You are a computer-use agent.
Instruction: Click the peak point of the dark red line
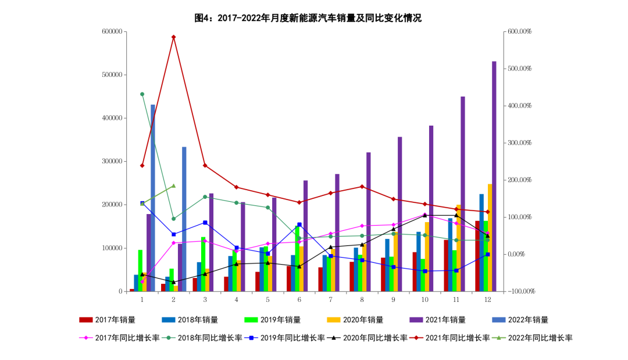click(x=173, y=37)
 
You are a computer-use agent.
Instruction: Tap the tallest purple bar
click(x=494, y=174)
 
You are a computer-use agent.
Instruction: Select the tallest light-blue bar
click(x=153, y=198)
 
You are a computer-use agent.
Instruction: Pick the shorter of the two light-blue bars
click(x=184, y=218)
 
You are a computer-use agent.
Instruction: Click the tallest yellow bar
click(x=490, y=237)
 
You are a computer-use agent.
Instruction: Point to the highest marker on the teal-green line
click(x=142, y=94)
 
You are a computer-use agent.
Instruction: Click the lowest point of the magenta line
click(x=142, y=281)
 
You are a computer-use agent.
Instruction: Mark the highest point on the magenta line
click(x=424, y=214)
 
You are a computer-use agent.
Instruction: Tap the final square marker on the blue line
click(x=487, y=254)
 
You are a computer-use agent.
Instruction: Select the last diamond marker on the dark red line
click(x=487, y=212)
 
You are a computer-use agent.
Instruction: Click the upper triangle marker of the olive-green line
click(x=173, y=186)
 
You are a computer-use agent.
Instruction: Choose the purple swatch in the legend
click(x=416, y=320)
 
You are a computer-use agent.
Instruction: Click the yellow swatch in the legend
click(x=333, y=320)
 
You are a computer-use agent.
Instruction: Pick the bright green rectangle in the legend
click(x=251, y=320)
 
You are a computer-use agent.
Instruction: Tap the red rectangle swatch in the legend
click(x=86, y=320)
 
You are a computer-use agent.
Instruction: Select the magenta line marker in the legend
click(x=86, y=337)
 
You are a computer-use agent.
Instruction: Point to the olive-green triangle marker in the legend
click(x=498, y=337)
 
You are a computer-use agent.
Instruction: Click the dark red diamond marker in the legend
click(x=416, y=337)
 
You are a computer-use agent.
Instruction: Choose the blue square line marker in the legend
click(x=251, y=337)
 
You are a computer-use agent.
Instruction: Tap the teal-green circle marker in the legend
click(x=169, y=337)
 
